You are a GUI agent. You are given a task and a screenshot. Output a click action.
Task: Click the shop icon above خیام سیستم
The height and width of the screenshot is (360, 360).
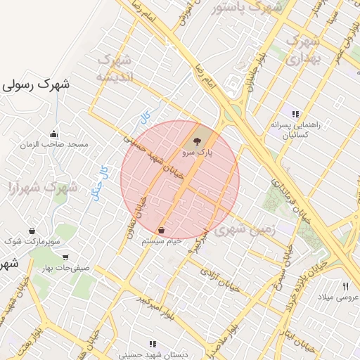[162, 230]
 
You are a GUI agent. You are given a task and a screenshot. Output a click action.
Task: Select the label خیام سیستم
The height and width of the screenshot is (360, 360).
[162, 240]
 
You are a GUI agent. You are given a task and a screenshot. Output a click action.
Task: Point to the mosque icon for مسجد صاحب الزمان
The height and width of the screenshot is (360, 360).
[53, 134]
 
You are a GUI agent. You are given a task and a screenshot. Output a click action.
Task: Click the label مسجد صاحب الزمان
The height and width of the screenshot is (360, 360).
[54, 145]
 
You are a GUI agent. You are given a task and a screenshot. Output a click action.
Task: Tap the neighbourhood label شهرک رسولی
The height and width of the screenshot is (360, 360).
[36, 84]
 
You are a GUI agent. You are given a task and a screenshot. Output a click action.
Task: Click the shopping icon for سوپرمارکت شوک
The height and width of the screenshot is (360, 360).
[32, 231]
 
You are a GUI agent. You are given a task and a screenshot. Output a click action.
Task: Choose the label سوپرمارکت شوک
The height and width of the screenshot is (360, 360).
[33, 242]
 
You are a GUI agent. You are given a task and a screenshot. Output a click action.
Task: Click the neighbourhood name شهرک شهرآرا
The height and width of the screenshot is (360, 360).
[42, 187]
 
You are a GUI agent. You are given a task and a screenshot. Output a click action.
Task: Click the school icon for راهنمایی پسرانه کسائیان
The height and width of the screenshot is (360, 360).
[296, 114]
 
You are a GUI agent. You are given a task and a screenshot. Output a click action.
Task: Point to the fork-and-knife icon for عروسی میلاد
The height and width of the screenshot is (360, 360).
[345, 286]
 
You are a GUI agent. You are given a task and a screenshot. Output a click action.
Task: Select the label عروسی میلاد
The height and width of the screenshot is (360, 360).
[340, 297]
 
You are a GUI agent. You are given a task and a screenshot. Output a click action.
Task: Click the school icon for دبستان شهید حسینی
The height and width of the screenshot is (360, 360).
[153, 345]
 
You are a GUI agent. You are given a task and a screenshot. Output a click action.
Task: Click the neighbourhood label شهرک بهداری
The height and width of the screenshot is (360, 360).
[304, 51]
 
